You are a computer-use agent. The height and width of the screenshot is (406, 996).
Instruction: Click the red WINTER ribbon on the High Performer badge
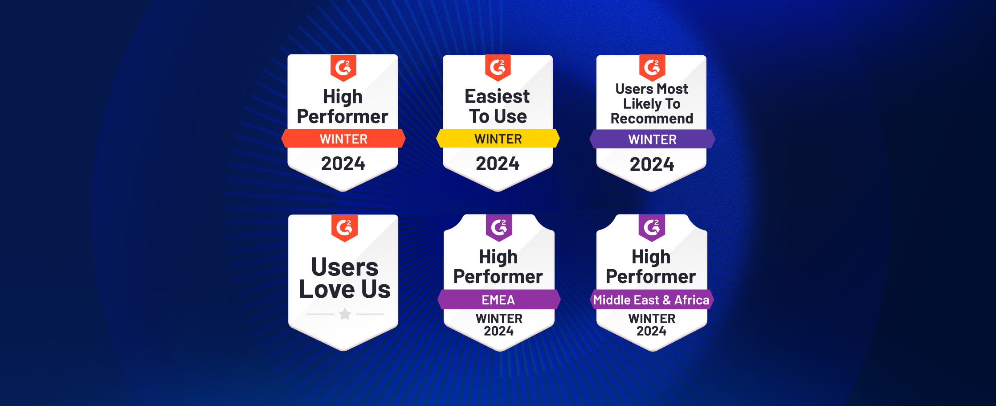[343, 139]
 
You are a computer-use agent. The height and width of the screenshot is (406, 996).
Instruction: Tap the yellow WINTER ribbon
[498, 139]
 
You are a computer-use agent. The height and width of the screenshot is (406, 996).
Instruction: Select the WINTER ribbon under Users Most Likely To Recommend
[652, 139]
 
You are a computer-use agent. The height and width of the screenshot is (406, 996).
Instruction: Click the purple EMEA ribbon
[498, 299]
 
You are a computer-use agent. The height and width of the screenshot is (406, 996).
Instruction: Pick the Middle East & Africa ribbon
[651, 299]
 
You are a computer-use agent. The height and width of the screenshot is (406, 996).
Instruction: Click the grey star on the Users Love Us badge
[345, 314]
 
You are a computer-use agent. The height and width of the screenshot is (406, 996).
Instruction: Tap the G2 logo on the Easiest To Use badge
[498, 68]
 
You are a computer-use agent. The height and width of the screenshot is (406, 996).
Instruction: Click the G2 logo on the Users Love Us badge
[344, 228]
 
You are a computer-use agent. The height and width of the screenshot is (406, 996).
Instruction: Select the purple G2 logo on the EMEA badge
[499, 228]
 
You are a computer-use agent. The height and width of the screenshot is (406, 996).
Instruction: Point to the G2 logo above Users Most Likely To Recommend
[652, 68]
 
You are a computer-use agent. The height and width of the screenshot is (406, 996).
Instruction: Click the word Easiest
[497, 96]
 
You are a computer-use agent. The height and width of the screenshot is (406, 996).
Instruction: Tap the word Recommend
[652, 119]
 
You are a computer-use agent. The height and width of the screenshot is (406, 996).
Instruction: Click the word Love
[327, 289]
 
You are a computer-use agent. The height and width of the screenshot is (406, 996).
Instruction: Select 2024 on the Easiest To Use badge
[498, 164]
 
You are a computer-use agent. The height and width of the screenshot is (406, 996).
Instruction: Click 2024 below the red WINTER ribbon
[343, 164]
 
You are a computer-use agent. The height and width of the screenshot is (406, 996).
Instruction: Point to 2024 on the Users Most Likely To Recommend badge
[652, 164]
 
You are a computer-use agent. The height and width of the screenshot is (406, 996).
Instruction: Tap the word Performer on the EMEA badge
[498, 277]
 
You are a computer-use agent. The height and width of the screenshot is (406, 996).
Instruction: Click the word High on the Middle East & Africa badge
[651, 257]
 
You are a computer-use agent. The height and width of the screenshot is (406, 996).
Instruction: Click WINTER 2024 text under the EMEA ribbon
[499, 325]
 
